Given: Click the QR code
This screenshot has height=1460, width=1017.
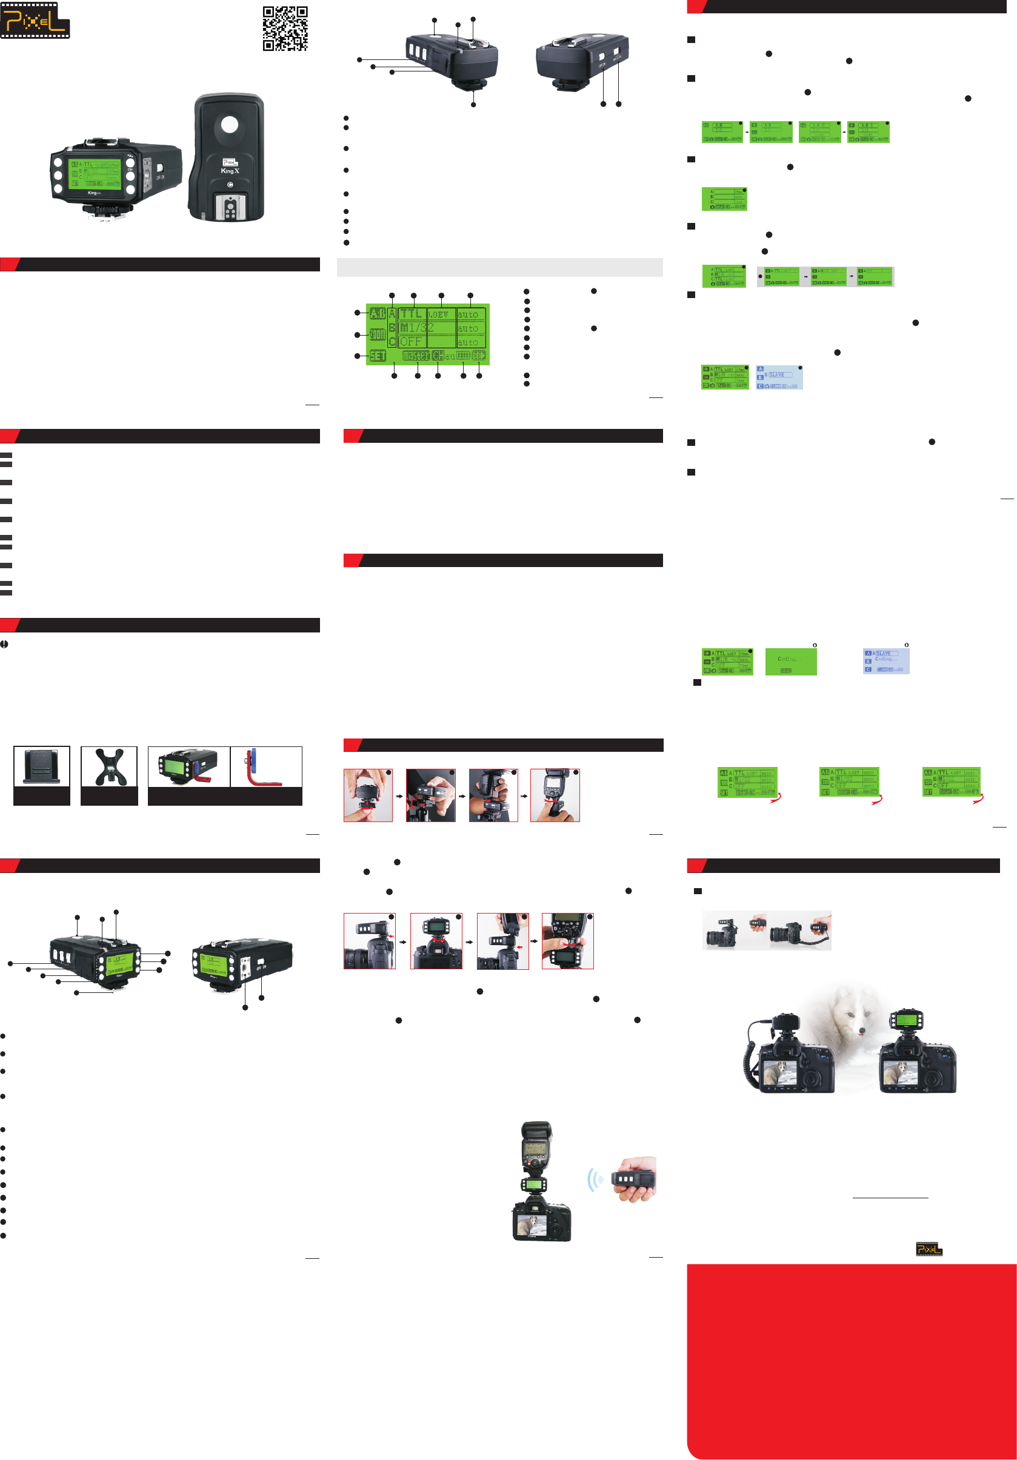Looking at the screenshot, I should coord(285,28).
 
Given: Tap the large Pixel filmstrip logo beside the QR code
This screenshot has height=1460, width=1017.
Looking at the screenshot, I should coord(35,21).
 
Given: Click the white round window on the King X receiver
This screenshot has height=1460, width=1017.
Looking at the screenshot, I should coord(229,124).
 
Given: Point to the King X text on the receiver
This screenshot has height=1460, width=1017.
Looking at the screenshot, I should coord(230,171).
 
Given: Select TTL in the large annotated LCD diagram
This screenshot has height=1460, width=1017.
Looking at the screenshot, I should coord(411,314).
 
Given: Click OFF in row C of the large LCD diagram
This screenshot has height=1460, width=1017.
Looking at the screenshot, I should coord(411,342).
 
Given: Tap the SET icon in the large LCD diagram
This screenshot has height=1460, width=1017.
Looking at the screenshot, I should coord(378,356).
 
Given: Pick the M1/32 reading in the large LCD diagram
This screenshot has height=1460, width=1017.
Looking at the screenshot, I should coord(416,328).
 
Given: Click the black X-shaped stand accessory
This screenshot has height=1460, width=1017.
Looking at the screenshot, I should coord(109,767).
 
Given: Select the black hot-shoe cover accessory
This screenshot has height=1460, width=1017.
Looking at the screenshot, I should coord(41,767).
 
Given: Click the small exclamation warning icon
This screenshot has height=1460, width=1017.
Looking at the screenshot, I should coord(4,644).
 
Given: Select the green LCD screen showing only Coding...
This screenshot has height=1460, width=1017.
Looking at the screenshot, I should coord(790,662).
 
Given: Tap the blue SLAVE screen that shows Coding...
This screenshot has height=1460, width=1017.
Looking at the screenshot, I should coord(885,662).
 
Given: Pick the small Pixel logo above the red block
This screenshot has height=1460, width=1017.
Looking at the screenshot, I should coord(929,1249).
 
